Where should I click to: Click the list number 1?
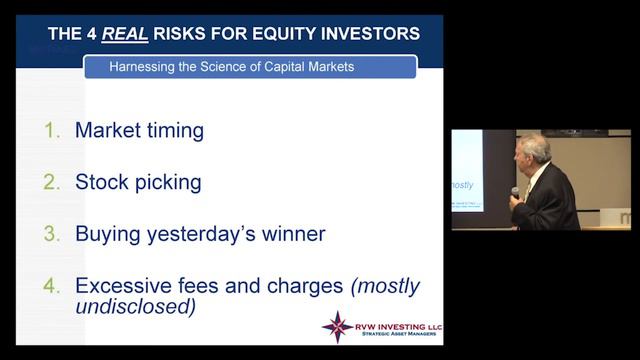point(53,131)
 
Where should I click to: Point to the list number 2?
point(53,183)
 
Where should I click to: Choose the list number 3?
point(53,235)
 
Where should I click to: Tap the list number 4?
point(53,287)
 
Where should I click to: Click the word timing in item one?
point(174,131)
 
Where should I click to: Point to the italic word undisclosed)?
point(135,307)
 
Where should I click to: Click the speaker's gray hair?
point(534,146)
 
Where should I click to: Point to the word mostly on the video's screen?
point(462,185)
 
